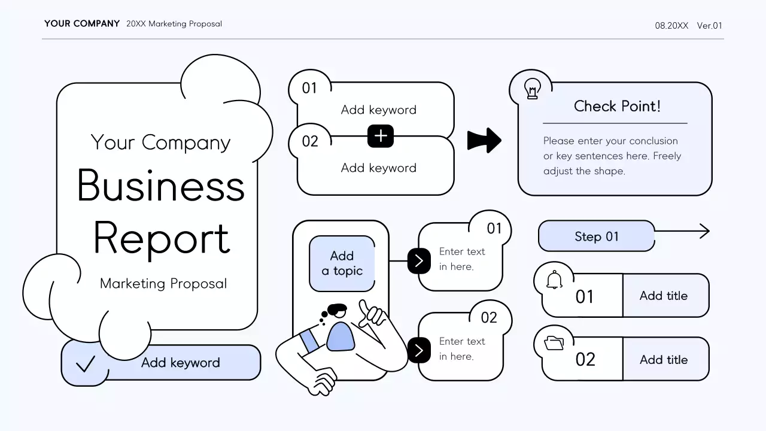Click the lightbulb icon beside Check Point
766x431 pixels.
(532, 89)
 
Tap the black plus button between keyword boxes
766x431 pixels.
(381, 136)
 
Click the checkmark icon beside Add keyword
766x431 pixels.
(86, 363)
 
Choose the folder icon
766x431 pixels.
(554, 343)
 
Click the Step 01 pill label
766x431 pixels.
(596, 236)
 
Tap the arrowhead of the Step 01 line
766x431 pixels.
(704, 231)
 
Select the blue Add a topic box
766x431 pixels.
(342, 263)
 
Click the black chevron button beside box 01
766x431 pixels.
(419, 260)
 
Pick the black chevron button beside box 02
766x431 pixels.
(419, 350)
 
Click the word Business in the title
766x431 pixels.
(161, 186)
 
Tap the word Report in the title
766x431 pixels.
(161, 238)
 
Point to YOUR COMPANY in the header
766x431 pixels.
(82, 24)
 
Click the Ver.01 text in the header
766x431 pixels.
(709, 26)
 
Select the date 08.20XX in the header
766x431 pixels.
(671, 26)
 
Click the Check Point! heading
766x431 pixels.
(617, 107)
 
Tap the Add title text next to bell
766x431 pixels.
(663, 296)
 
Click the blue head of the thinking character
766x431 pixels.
(341, 336)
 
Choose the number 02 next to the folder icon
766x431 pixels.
(585, 359)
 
